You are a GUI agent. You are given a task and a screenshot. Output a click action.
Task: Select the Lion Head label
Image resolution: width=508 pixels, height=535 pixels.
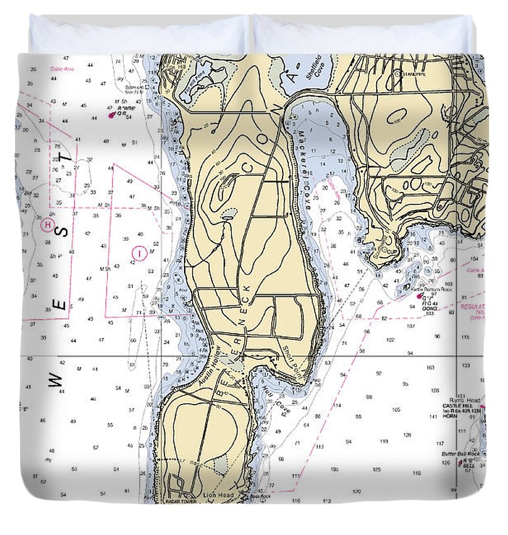218,495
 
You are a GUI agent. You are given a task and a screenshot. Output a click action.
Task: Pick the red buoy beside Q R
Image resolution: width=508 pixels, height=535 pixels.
111,115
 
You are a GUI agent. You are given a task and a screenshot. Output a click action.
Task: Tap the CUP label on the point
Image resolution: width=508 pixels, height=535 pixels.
393,252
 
